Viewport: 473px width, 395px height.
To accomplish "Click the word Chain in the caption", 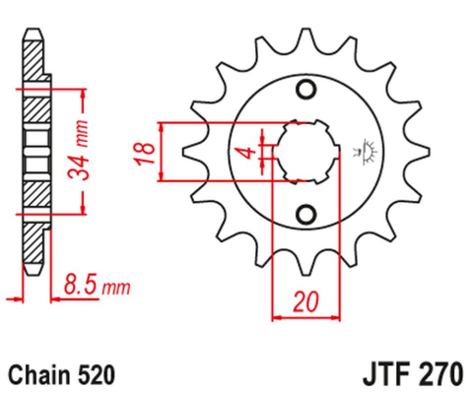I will click(38, 374).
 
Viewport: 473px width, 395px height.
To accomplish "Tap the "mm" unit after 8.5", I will click(117, 289).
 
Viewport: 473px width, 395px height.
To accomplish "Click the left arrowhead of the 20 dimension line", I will click(277, 317).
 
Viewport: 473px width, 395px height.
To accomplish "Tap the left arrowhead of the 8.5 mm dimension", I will click(13, 296).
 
